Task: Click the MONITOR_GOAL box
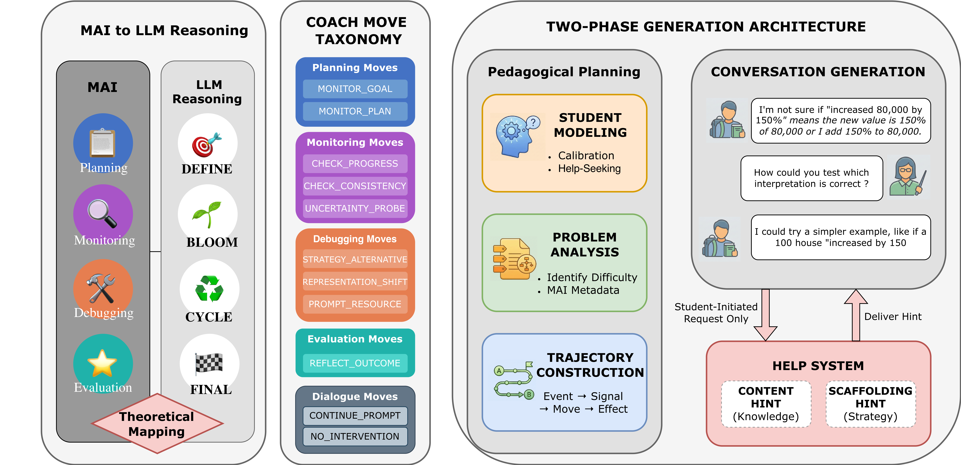(355, 89)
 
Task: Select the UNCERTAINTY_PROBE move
(355, 208)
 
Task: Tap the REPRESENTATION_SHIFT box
(355, 282)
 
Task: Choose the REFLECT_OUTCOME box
(355, 363)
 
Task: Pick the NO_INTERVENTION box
(355, 436)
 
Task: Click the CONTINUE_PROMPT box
(355, 415)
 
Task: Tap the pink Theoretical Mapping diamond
(157, 423)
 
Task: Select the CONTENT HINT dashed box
(766, 404)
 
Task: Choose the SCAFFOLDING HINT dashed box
(870, 404)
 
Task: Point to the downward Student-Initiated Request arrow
(766, 315)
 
